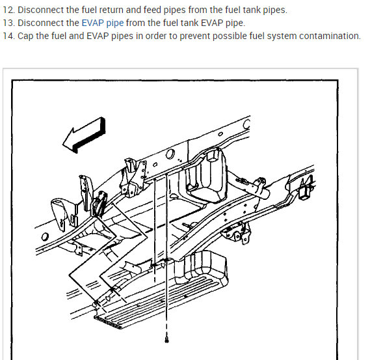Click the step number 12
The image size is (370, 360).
tap(8, 10)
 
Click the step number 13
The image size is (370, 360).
tap(8, 23)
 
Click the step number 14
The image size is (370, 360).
tap(8, 36)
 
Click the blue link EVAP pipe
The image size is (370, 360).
tap(102, 23)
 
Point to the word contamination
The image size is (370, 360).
tap(330, 36)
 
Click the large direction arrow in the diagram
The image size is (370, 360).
tap(84, 135)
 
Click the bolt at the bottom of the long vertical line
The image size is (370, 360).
tap(166, 340)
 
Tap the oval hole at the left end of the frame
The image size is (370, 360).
tap(44, 236)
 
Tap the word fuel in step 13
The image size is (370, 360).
tap(171, 23)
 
